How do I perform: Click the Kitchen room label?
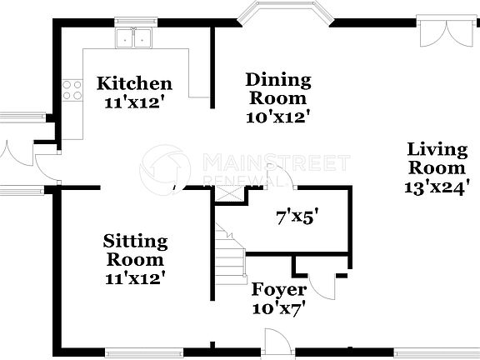134,83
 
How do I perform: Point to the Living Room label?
437,158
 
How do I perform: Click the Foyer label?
279,290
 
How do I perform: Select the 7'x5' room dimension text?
297,219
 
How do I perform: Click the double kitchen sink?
134,37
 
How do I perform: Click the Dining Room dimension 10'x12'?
278,117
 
